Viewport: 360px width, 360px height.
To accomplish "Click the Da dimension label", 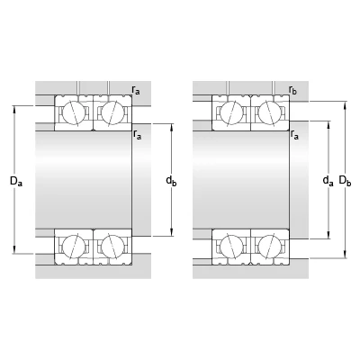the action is [x=16, y=181].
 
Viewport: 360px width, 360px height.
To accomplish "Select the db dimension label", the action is [x=171, y=181].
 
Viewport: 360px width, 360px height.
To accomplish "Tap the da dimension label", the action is [x=328, y=181].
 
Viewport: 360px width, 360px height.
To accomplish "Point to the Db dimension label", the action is [x=345, y=181].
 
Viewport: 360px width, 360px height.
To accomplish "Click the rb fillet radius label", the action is [x=292, y=90].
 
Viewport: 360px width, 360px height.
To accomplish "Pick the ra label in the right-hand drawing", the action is [x=294, y=135].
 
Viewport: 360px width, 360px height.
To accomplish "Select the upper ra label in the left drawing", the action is [x=136, y=90].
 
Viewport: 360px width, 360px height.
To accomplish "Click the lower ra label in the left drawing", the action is [x=137, y=135].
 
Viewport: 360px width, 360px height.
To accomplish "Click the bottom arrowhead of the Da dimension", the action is [x=14, y=250].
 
